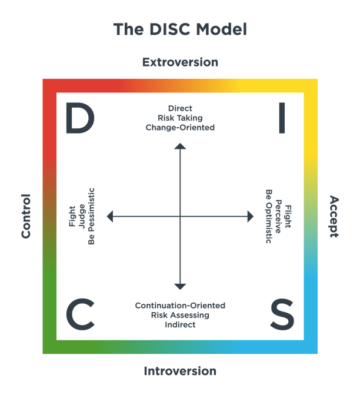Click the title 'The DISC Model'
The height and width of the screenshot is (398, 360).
point(180,29)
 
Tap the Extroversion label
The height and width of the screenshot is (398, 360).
point(180,62)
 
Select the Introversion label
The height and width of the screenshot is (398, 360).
point(180,371)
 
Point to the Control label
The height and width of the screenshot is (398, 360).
point(26,216)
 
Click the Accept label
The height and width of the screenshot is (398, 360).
point(334,216)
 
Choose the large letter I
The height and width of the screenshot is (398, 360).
point(282,117)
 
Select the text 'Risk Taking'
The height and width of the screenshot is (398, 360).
point(180,118)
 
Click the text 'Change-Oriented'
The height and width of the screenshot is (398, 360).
point(180,127)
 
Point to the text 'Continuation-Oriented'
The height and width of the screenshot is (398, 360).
point(180,306)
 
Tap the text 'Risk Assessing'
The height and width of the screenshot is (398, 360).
point(180,315)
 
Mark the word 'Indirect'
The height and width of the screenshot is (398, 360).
point(180,324)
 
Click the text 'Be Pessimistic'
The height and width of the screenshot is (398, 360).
point(91,217)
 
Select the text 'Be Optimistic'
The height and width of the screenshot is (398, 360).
point(269,217)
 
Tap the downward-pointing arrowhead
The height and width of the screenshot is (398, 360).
point(180,286)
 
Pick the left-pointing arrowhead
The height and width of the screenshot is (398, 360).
point(110,217)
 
